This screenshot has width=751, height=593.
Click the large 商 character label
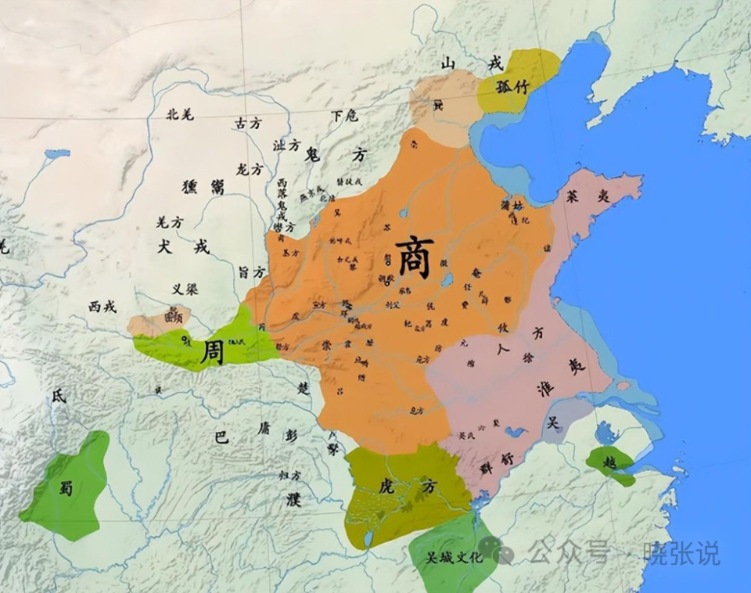pos(414,257)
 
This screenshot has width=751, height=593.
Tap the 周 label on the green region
pos(211,351)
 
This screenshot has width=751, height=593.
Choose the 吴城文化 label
pos(448,559)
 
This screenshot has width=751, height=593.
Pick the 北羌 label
pos(180,113)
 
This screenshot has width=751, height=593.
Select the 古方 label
pos(249,123)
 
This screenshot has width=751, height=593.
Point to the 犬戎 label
pos(184,246)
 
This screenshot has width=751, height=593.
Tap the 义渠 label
pos(185,289)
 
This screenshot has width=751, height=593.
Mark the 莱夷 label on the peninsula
pos(587,197)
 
